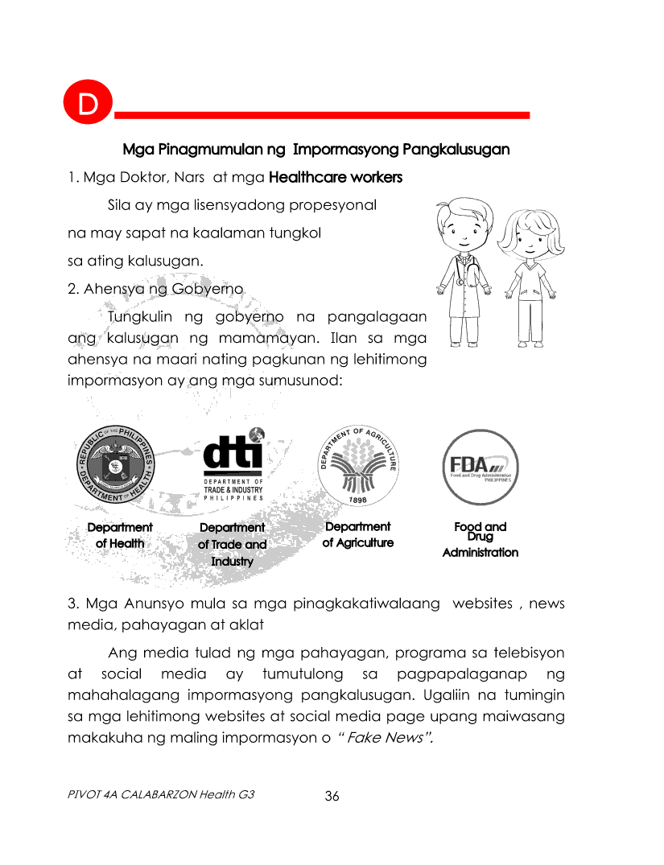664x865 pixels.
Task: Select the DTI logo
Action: pos(233,464)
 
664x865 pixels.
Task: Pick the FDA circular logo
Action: pos(480,468)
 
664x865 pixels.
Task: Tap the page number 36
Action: pos(332,797)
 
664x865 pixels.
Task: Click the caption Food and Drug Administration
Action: pos(480,539)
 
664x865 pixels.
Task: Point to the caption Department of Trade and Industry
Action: pos(233,544)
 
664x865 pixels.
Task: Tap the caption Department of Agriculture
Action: pos(357,534)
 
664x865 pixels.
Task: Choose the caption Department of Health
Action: pos(120,535)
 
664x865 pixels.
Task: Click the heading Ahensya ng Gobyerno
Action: pos(155,289)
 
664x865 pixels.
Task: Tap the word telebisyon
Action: pos(526,651)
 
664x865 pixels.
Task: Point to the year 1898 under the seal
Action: pos(357,500)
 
